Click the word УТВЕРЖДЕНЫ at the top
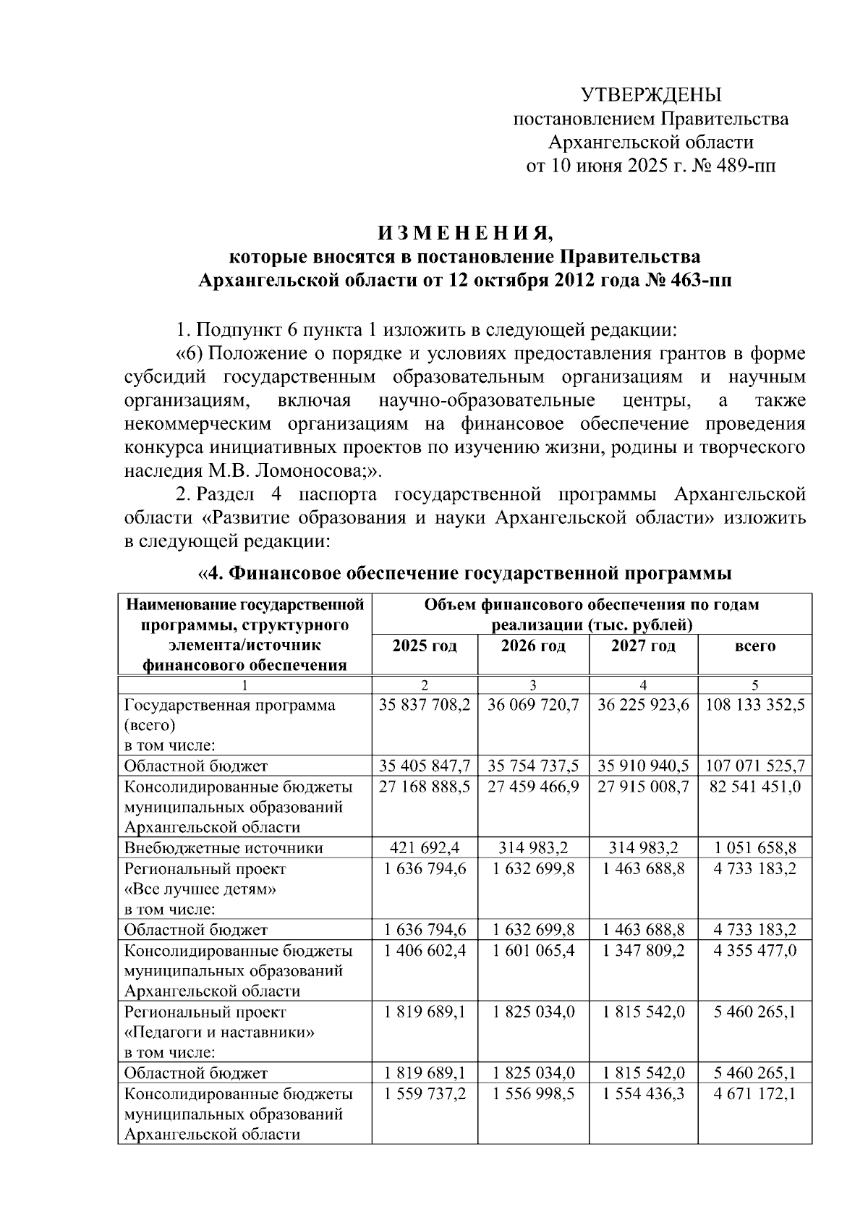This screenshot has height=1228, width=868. (x=651, y=95)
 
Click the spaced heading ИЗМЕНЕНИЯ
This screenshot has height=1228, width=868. (x=465, y=234)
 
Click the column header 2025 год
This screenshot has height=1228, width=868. (x=425, y=645)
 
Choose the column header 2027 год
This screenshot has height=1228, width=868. (x=643, y=645)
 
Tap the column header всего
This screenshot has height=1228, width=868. (x=754, y=645)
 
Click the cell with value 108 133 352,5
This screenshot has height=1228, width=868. (x=754, y=705)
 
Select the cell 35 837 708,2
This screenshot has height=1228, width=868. (x=425, y=705)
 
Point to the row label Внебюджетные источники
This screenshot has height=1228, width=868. (x=224, y=847)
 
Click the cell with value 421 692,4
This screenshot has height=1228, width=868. (x=425, y=847)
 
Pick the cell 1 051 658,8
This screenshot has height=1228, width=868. (x=754, y=847)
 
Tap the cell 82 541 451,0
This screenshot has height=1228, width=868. (x=754, y=787)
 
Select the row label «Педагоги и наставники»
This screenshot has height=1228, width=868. (x=219, y=1032)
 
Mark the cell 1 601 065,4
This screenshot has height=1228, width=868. (x=533, y=950)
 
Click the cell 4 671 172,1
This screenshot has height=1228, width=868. (x=754, y=1093)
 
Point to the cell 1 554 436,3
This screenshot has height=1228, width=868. (x=643, y=1093)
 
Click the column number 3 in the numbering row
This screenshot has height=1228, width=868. (x=533, y=685)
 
